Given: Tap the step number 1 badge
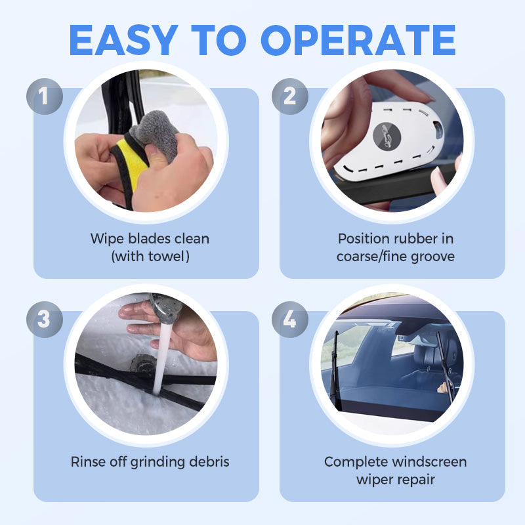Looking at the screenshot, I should tap(45, 96).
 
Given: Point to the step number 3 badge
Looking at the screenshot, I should tap(45, 320).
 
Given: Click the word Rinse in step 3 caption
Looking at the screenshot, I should tap(88, 461).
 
